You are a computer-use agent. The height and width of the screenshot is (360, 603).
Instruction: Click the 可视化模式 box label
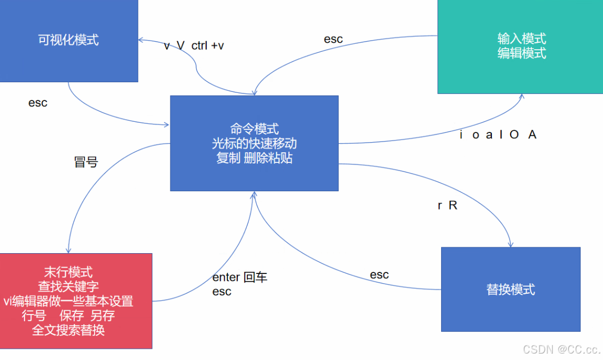68,40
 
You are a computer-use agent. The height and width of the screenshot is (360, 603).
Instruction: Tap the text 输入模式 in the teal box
521,38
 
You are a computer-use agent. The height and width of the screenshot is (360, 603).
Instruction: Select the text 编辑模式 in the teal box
521,53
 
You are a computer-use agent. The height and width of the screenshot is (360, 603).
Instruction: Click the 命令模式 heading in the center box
254,129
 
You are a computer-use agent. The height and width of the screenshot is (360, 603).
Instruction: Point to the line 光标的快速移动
254,143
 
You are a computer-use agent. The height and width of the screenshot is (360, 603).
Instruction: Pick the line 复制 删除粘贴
254,158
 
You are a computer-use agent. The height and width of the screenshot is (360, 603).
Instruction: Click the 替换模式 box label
511,289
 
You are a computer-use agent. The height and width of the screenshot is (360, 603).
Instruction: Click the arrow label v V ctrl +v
194,46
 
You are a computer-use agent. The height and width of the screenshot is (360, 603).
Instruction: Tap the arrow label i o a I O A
498,135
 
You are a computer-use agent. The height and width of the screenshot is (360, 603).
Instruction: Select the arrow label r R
448,206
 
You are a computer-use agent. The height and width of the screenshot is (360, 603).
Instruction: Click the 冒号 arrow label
86,162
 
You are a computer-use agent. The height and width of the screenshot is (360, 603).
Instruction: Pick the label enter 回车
240,277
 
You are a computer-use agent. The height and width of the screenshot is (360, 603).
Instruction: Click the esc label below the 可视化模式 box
38,103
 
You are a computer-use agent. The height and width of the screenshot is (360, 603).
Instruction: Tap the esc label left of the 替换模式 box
379,275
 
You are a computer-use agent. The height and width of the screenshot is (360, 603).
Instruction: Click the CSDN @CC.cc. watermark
561,349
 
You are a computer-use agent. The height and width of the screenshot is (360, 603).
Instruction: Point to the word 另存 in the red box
103,316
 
